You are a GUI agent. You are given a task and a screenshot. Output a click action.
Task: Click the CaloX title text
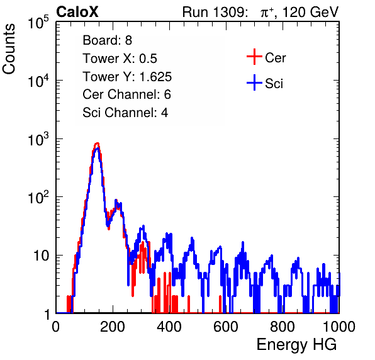(x=77, y=12)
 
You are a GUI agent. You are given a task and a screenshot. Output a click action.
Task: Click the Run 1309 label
(x=215, y=12)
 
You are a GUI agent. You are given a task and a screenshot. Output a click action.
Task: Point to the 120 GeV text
(x=311, y=12)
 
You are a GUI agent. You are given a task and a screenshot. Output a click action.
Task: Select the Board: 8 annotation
(x=107, y=40)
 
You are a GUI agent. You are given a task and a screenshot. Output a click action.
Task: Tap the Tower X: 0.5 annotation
(x=120, y=59)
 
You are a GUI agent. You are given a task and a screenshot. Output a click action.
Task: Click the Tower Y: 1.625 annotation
(x=127, y=77)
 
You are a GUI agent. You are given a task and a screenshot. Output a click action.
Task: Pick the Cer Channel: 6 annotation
(x=126, y=94)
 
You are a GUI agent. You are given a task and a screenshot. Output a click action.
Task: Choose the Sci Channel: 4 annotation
(x=125, y=112)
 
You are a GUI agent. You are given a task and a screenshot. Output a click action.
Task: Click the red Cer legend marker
(x=254, y=57)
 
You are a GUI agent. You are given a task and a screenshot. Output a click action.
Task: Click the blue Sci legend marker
(x=254, y=82)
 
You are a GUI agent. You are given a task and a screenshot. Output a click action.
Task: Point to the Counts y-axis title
(x=9, y=49)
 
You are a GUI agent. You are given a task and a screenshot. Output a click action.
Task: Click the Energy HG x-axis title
(x=297, y=345)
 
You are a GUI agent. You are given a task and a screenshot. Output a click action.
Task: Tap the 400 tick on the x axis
(x=169, y=327)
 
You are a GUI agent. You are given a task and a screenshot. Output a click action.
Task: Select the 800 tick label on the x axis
(x=283, y=327)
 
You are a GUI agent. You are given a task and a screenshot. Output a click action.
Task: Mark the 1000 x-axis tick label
(x=339, y=327)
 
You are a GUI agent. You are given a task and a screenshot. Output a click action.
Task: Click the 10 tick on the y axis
(x=41, y=256)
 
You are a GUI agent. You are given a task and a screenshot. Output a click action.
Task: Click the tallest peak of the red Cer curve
(x=97, y=143)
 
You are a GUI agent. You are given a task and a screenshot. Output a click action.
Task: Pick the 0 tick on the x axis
(x=56, y=327)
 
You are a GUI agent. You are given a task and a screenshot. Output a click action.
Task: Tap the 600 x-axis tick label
(x=226, y=327)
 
